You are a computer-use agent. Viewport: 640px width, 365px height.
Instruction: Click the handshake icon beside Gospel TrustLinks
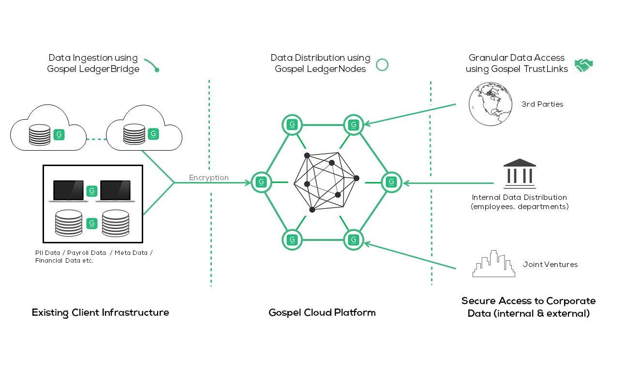pyautogui.click(x=584, y=65)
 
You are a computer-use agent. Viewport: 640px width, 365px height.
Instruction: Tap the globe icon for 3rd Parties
pyautogui.click(x=491, y=104)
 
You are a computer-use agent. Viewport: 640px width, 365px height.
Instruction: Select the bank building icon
pyautogui.click(x=520, y=174)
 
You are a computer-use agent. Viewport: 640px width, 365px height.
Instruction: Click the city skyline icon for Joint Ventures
pyautogui.click(x=494, y=264)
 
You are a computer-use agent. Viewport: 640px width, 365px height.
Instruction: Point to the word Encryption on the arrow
pyautogui.click(x=209, y=178)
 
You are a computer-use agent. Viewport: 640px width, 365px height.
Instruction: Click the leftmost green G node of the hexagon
pyautogui.click(x=261, y=182)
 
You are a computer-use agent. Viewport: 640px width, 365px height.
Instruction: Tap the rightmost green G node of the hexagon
pyautogui.click(x=391, y=182)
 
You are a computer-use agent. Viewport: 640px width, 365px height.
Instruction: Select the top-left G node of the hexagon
pyautogui.click(x=292, y=125)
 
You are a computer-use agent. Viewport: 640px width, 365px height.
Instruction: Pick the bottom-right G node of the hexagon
pyautogui.click(x=354, y=240)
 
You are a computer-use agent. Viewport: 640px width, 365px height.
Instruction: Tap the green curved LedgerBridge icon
pyautogui.click(x=152, y=65)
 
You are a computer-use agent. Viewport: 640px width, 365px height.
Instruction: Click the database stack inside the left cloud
pyautogui.click(x=40, y=135)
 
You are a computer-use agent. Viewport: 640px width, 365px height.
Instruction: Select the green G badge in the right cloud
pyautogui.click(x=153, y=134)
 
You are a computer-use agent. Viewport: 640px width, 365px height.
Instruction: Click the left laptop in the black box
pyautogui.click(x=68, y=191)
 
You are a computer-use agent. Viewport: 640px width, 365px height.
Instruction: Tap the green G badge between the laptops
pyautogui.click(x=92, y=191)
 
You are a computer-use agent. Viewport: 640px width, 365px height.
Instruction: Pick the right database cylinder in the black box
pyautogui.click(x=116, y=223)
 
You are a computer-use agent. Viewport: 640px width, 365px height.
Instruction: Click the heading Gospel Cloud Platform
pyautogui.click(x=322, y=313)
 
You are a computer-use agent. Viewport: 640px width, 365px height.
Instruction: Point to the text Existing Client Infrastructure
pyautogui.click(x=100, y=313)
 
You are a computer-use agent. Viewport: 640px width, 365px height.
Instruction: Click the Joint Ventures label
pyautogui.click(x=551, y=265)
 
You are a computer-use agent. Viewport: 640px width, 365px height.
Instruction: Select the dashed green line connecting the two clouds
pyautogui.click(x=96, y=139)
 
